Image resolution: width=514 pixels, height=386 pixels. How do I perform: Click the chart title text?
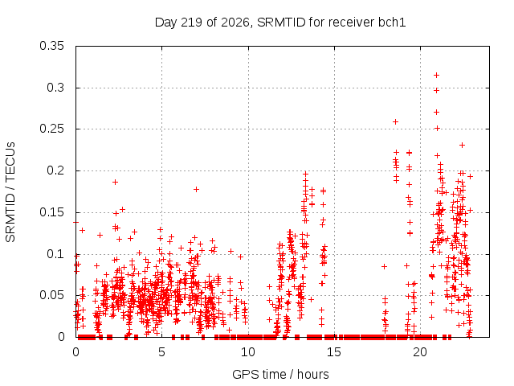280,23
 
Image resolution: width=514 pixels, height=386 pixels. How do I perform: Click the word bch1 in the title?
392,22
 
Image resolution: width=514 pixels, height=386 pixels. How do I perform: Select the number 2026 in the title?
235,23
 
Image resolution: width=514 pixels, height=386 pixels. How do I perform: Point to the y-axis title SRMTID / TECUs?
10,192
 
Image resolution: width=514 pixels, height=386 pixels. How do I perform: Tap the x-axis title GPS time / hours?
280,374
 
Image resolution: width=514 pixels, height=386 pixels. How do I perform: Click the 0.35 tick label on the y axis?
51,46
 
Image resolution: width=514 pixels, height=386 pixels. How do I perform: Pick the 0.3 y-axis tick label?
55,88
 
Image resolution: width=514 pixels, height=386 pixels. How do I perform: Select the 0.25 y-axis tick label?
51,129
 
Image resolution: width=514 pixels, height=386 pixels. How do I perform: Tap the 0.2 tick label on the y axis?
55,170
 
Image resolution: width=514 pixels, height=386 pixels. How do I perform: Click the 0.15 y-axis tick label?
51,212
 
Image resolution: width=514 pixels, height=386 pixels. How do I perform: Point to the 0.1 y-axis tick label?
55,254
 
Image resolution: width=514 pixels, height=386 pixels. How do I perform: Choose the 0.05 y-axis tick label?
51,295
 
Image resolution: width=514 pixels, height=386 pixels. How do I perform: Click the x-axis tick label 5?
161,352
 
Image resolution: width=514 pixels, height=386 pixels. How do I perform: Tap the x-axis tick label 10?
248,352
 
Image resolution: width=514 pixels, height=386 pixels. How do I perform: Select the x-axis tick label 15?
334,352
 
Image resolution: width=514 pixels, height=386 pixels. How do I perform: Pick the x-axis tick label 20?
420,352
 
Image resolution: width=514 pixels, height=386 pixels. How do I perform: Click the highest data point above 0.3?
436,75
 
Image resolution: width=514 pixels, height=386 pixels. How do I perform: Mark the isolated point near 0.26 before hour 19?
396,121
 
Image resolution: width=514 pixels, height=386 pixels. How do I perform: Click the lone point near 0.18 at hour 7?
196,190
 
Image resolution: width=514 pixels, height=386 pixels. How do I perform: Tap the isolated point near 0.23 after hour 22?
463,145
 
